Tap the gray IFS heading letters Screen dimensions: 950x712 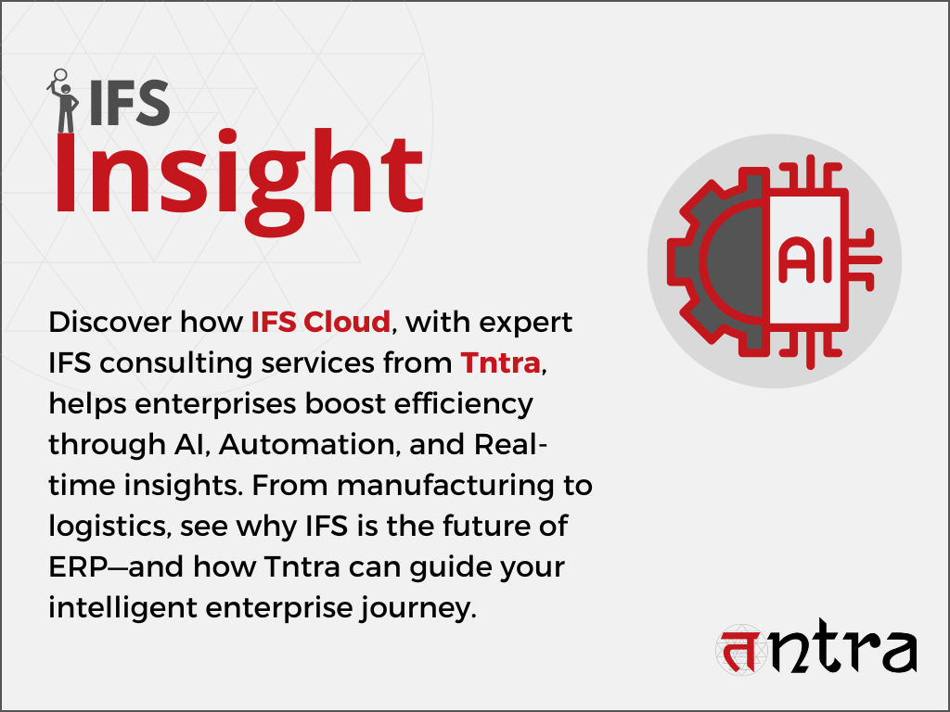(x=129, y=104)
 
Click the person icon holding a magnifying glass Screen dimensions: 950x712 (x=63, y=100)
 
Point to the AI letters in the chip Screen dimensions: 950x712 (x=805, y=261)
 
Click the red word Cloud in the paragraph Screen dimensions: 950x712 (x=347, y=322)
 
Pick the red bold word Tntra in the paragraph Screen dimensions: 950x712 (x=500, y=362)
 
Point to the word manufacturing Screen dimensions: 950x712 (x=445, y=486)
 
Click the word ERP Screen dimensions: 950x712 (x=78, y=567)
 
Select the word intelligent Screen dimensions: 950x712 (x=123, y=608)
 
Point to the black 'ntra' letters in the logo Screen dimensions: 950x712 (x=842, y=646)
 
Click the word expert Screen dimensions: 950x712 (x=525, y=323)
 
